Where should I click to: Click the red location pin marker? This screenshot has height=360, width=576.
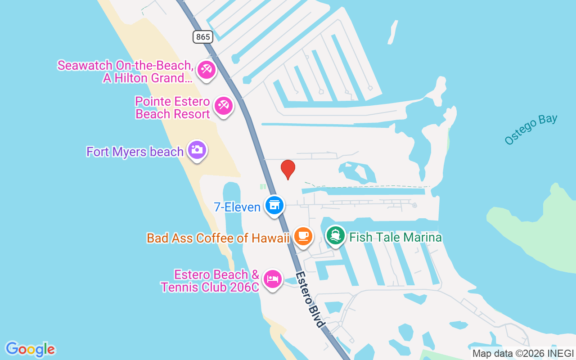288,169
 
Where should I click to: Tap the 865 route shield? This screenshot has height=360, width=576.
203,37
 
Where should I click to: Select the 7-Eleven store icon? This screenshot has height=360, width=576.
274,205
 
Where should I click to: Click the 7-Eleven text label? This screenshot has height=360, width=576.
237,207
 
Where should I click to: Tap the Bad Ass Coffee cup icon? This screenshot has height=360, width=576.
303,236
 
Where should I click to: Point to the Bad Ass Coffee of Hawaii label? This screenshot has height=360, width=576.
218,238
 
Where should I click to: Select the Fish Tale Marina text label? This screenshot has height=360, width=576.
396,238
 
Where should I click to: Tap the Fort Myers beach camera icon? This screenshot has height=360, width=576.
197,149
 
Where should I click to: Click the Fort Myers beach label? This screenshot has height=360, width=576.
135,152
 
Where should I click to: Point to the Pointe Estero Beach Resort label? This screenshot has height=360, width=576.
173,108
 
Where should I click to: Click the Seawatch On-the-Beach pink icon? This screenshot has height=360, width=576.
207,70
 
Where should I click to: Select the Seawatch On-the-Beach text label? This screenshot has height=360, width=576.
126,72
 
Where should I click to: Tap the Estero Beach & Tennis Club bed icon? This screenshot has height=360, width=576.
272,279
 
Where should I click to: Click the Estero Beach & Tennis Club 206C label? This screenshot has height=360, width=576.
210,281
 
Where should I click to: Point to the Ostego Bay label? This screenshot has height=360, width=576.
531,130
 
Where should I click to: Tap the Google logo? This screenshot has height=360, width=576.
30,349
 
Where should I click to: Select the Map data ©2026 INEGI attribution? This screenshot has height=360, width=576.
523,354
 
